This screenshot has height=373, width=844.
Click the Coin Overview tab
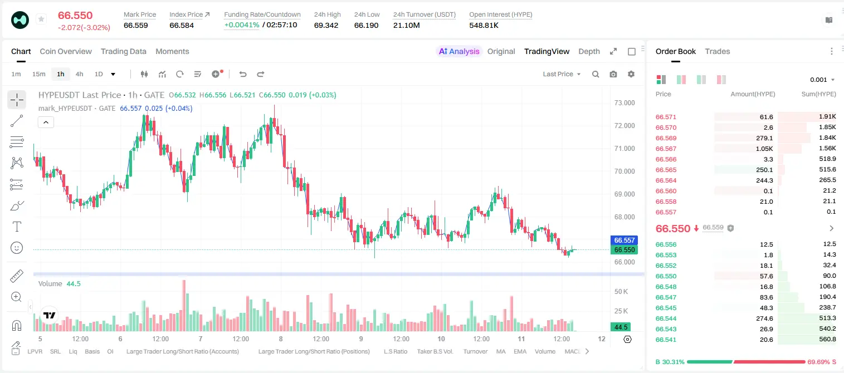coord(66,51)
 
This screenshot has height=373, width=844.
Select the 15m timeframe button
coord(38,74)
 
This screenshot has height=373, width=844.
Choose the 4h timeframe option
coord(79,74)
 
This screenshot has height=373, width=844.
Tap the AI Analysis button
coord(459,51)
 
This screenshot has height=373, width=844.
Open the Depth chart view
coord(589,51)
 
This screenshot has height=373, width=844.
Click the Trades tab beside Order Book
coord(718,51)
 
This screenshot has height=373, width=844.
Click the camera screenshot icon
coord(613,74)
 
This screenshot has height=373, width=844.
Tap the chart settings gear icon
coord(631,74)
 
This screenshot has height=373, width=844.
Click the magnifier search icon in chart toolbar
coord(596,74)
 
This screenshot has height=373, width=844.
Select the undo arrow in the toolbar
coord(243,74)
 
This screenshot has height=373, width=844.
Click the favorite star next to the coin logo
coord(41,19)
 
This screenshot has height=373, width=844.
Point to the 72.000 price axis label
coord(625,126)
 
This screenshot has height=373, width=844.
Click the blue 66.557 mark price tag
coord(624,240)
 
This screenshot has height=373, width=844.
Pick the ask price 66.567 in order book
coord(666,149)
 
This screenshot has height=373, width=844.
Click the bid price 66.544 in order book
coord(666,318)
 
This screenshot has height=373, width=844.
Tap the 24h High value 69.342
coord(326,25)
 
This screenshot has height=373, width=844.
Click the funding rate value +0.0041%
coord(242,25)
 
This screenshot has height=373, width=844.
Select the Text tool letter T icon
coord(17,227)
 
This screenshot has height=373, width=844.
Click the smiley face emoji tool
coord(17,248)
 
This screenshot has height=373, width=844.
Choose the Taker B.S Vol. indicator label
coord(435,351)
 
